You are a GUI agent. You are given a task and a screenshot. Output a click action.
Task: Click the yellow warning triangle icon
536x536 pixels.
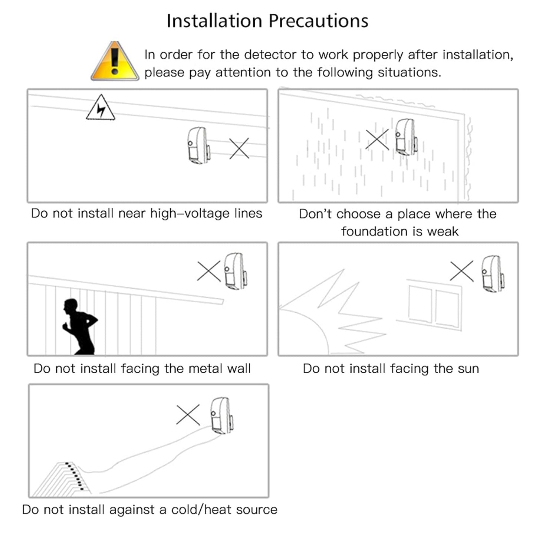pyautogui.click(x=115, y=61)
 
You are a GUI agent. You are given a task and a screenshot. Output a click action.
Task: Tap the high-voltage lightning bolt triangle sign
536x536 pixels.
pyautogui.click(x=101, y=108)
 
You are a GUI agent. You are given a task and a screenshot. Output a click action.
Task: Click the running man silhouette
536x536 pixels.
pyautogui.click(x=80, y=326)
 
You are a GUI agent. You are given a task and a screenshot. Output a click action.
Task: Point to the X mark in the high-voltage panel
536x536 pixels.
pyautogui.click(x=239, y=149)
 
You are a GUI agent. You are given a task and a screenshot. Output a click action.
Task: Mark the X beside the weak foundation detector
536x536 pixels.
pyautogui.click(x=377, y=139)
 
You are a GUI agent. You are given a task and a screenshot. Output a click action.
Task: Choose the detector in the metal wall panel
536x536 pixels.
pyautogui.click(x=236, y=271)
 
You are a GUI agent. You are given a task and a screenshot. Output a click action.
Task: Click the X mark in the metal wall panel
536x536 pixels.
pyautogui.click(x=209, y=271)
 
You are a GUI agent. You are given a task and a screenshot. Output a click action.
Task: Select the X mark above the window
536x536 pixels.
pyautogui.click(x=462, y=271)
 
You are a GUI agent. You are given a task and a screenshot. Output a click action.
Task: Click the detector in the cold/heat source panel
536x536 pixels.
pyautogui.click(x=222, y=416)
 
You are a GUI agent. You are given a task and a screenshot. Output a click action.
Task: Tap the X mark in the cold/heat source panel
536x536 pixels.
pyautogui.click(x=188, y=415)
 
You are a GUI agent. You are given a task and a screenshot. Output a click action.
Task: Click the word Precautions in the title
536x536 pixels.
pyautogui.click(x=319, y=21)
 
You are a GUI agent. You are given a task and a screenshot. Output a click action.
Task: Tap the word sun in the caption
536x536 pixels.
pyautogui.click(x=468, y=369)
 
